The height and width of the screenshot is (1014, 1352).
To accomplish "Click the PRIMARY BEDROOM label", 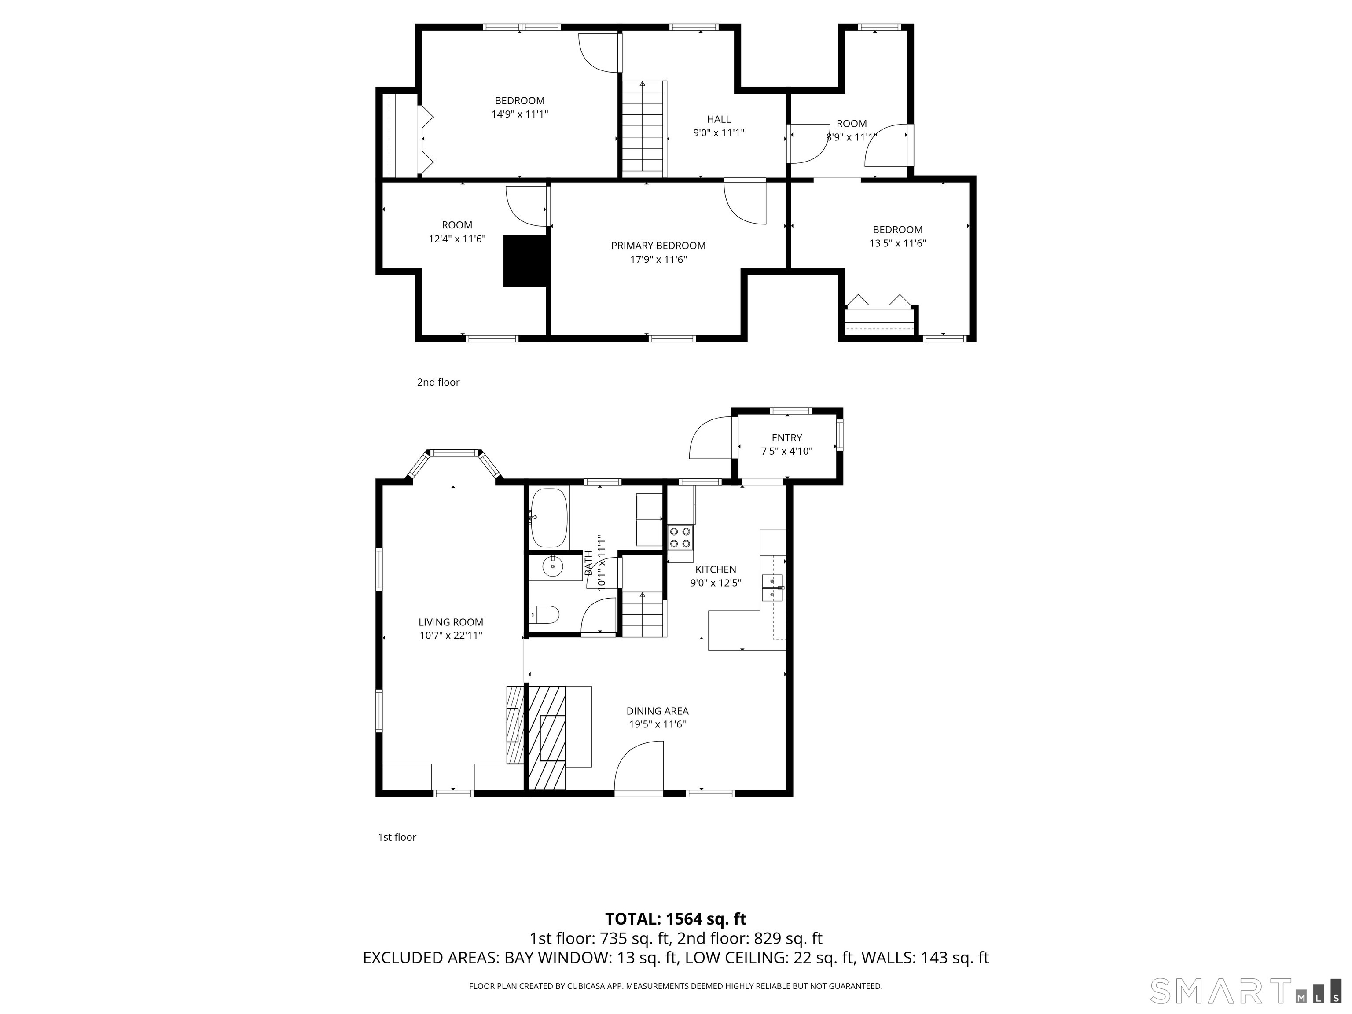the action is (x=658, y=246).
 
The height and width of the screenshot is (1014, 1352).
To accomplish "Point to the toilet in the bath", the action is (x=544, y=614).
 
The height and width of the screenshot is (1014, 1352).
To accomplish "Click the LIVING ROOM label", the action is (x=451, y=622).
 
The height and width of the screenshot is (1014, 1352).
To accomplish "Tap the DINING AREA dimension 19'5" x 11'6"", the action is (x=658, y=724).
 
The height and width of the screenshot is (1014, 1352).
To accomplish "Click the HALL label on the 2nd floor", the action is (x=719, y=119).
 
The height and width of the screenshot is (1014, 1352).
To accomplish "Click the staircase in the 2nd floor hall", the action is (x=643, y=129).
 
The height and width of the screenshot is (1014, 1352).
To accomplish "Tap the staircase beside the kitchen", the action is (x=643, y=614).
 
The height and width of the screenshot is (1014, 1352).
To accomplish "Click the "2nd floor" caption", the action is (x=438, y=382).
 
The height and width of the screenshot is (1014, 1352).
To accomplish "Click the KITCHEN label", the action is (x=716, y=569).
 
